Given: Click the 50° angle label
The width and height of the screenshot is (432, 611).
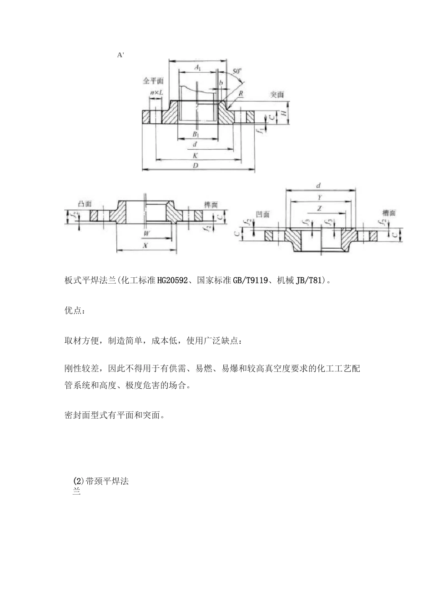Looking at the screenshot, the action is pyautogui.click(x=237, y=71).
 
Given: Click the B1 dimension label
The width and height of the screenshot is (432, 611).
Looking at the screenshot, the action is pyautogui.click(x=196, y=135).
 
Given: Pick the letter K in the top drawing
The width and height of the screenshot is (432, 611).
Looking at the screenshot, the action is pyautogui.click(x=195, y=155).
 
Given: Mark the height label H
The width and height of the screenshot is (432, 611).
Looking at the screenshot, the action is pyautogui.click(x=285, y=112).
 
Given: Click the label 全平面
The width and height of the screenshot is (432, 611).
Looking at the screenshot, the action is pyautogui.click(x=153, y=81).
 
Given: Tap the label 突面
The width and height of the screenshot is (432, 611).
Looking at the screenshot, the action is pyautogui.click(x=276, y=95).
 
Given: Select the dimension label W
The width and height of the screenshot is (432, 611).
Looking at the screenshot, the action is pyautogui.click(x=146, y=233).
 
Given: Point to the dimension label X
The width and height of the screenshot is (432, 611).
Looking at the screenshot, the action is pyautogui.click(x=146, y=245).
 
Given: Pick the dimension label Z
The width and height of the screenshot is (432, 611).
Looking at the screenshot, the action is pyautogui.click(x=320, y=208).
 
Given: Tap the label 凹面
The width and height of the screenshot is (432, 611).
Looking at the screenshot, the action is pyautogui.click(x=263, y=214).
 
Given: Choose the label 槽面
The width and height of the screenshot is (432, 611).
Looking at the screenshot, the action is pyautogui.click(x=389, y=213).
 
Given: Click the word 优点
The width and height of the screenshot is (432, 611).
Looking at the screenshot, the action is pyautogui.click(x=72, y=311).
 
